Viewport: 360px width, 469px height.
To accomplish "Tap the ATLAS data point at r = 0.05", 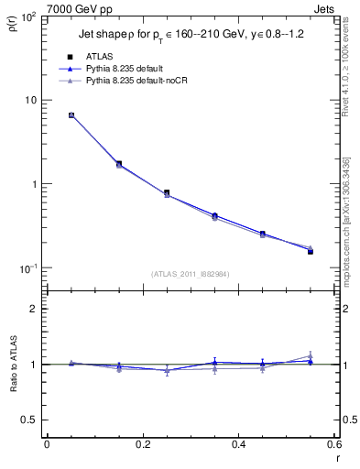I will tap(71, 115).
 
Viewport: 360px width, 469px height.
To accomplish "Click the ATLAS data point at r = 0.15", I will tap(119, 164).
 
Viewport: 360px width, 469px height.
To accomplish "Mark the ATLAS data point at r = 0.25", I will tap(167, 193).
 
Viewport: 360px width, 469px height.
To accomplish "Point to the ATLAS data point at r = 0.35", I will tap(214, 216).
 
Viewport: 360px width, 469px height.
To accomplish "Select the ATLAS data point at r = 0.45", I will tap(262, 234).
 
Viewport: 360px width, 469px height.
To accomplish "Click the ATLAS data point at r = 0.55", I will tap(310, 251).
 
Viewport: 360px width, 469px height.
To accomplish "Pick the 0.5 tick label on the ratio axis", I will tap(30, 420).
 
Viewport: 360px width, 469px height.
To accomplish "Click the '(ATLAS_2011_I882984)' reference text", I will tap(191, 272).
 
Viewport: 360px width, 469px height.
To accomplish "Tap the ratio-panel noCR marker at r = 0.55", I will tap(310, 356).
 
